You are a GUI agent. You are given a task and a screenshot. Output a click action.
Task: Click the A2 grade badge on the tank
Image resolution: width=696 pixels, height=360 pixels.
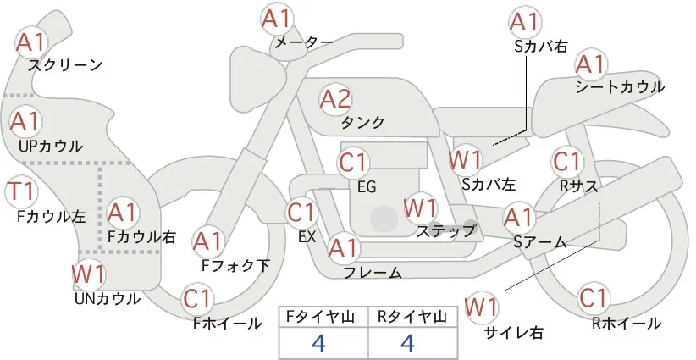[x=335, y=99]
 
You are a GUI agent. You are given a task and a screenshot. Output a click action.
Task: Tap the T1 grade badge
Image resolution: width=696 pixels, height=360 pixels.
[x=21, y=191]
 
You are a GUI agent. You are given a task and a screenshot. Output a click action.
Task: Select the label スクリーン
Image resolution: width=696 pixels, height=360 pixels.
[x=65, y=66]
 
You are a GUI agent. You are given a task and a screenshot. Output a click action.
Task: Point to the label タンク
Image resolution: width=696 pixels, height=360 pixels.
[x=362, y=122]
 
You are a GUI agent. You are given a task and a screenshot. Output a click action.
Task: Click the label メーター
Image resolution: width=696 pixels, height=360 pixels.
[x=304, y=42]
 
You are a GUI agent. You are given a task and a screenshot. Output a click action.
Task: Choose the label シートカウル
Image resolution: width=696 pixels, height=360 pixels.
[x=620, y=86]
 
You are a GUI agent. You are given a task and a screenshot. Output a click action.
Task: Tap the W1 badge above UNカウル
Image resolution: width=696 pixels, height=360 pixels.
[x=89, y=274]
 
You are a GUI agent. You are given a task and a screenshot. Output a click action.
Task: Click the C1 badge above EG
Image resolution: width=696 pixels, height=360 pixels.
[x=353, y=163]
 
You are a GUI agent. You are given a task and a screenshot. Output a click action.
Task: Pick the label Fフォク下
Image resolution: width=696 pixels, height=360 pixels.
[x=235, y=265]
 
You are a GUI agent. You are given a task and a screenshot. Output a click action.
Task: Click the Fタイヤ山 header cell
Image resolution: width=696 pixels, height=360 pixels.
[x=323, y=317]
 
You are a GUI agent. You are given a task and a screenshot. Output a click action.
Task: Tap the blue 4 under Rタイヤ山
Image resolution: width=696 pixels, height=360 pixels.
[x=407, y=343]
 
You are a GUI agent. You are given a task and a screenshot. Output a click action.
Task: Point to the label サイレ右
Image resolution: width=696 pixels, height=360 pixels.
[x=514, y=332]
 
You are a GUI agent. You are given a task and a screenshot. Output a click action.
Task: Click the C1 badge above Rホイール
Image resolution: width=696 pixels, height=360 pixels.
[x=594, y=298]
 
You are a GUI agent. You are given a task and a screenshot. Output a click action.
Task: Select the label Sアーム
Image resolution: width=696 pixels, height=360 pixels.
[x=540, y=242]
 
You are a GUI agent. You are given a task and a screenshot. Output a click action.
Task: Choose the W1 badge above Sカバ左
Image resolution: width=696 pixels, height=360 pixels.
[x=465, y=160]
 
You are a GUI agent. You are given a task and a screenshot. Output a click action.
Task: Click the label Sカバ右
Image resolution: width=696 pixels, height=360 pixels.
[x=541, y=47]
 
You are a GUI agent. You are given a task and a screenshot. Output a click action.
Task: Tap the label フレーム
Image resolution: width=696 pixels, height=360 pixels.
[x=373, y=273]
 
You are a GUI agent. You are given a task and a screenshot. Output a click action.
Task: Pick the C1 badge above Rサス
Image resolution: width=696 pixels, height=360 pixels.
[x=566, y=163]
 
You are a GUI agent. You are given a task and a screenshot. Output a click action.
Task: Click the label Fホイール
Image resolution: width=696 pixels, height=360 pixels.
[x=227, y=324]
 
